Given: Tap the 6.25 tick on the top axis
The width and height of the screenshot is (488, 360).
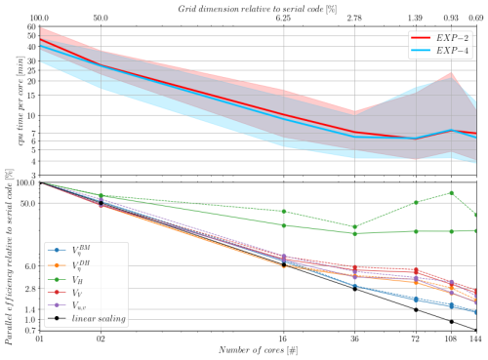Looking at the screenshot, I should [283, 19].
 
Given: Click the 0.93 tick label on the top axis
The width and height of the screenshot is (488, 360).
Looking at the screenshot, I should [452, 19].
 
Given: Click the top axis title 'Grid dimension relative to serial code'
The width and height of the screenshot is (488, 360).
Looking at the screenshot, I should [258, 7].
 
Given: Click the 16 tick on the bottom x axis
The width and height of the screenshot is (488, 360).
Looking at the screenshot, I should [283, 340].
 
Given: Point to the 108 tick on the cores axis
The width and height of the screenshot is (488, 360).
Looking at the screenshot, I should [452, 340].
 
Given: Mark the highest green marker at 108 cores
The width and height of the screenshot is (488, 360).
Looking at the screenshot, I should [452, 192].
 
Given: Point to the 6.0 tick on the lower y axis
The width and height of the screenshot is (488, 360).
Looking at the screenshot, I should [28, 266].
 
